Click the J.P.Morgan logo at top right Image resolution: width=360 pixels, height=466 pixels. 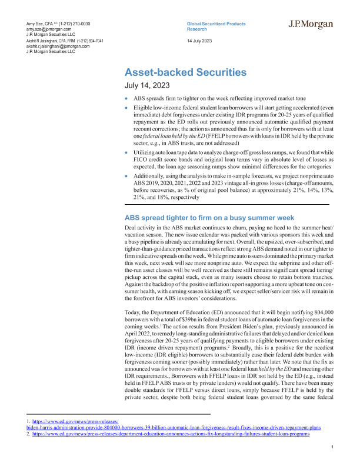pyautogui.click(x=311, y=25)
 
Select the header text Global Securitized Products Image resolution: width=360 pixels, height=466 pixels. pyautogui.click(x=216, y=24)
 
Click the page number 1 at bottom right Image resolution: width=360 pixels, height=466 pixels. pyautogui.click(x=332, y=448)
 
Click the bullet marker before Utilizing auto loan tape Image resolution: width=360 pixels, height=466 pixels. pyautogui.click(x=127, y=152)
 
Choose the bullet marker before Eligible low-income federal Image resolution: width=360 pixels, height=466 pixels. pyautogui.click(x=127, y=107)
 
